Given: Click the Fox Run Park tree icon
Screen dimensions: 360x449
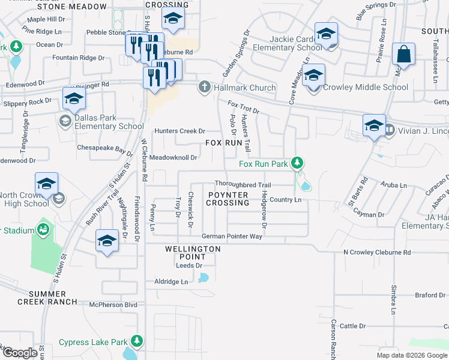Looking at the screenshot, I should (296, 163).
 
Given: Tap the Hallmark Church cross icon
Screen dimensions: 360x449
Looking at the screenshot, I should (204, 88).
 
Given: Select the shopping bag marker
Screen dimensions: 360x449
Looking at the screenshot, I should (404, 54).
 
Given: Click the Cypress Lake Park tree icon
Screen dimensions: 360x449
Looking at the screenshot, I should (137, 342).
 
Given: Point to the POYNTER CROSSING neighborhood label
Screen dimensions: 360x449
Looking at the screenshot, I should (228, 199).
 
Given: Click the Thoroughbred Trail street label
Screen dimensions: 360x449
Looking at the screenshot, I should (243, 185).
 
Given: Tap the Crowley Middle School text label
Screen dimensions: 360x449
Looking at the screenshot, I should (366, 88).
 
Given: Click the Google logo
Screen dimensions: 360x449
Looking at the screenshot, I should (20, 352).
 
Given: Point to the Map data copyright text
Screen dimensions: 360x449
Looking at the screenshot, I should (411, 355).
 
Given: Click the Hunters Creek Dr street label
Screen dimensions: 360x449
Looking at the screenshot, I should (179, 131).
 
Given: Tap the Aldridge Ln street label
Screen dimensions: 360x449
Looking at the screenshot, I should (171, 281).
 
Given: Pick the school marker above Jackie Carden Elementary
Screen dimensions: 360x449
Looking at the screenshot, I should (326, 34).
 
